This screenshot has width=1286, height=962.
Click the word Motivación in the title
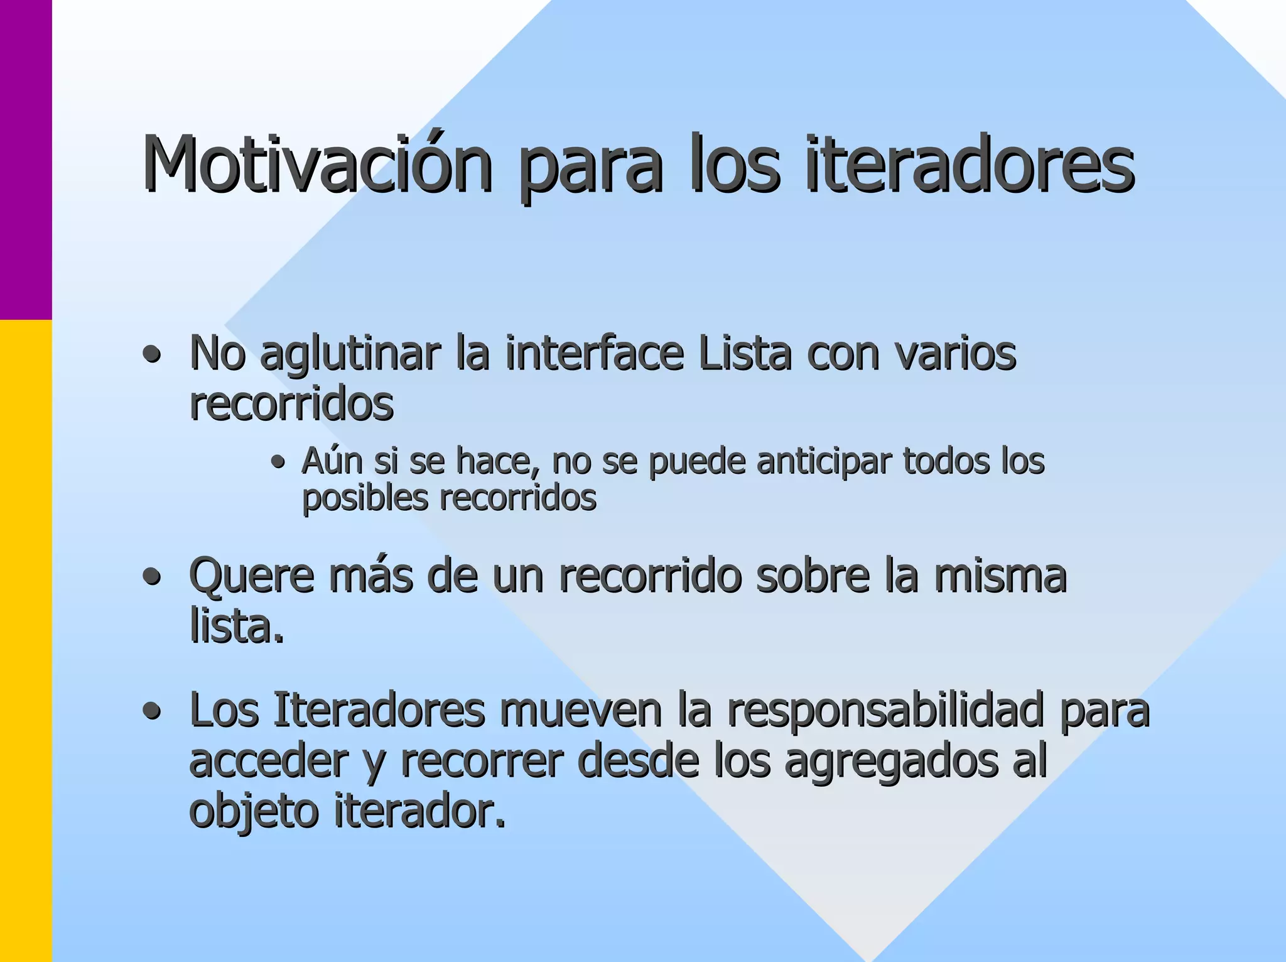tap(317, 165)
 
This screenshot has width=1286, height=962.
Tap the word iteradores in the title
tap(970, 165)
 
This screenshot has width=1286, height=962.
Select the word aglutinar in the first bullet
tap(350, 355)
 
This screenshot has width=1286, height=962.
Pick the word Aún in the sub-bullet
tap(332, 461)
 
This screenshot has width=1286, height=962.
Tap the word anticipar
tap(824, 462)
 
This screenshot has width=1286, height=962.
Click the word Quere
tap(251, 576)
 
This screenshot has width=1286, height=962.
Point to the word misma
tap(1000, 576)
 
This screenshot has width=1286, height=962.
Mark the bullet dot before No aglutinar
tap(151, 356)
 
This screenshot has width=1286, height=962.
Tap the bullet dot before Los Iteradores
tap(151, 713)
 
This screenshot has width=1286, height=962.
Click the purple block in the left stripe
tap(26, 160)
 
